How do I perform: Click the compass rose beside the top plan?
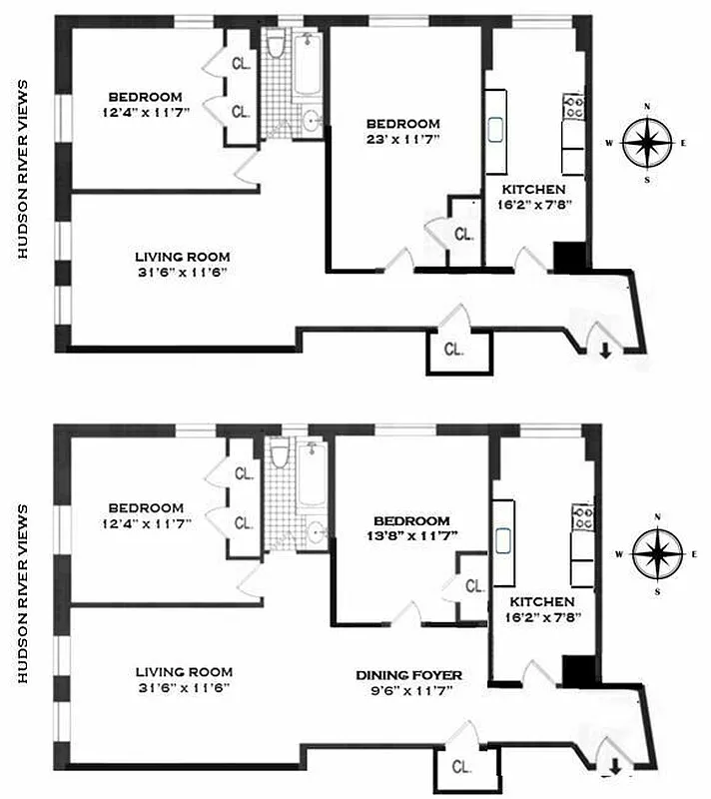[647, 142]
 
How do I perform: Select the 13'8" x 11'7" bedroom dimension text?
[411, 537]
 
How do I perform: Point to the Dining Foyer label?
[408, 675]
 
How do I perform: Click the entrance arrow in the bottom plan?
[615, 766]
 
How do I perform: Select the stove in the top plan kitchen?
[573, 107]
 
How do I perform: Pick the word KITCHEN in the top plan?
[533, 189]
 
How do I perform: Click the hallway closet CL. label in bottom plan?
[460, 767]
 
